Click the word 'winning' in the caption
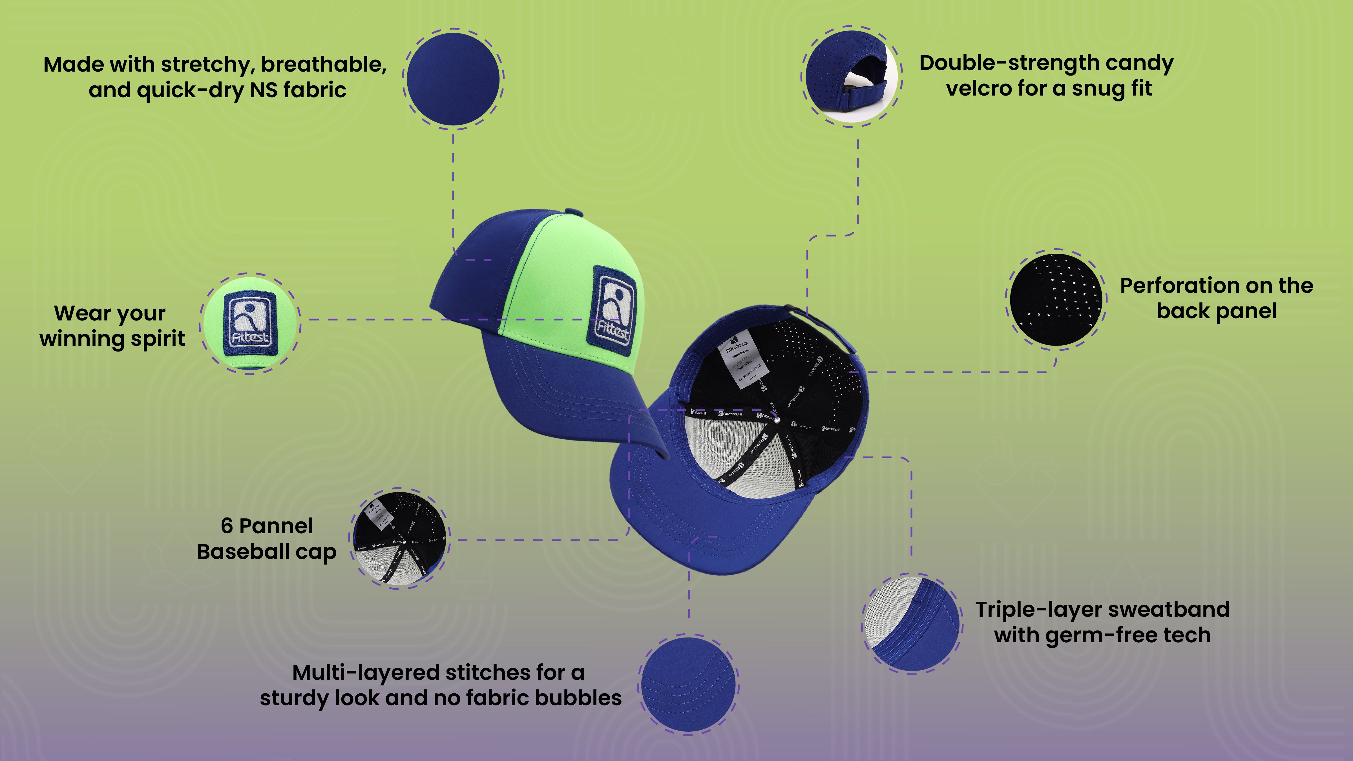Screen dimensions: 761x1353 coord(83,339)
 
